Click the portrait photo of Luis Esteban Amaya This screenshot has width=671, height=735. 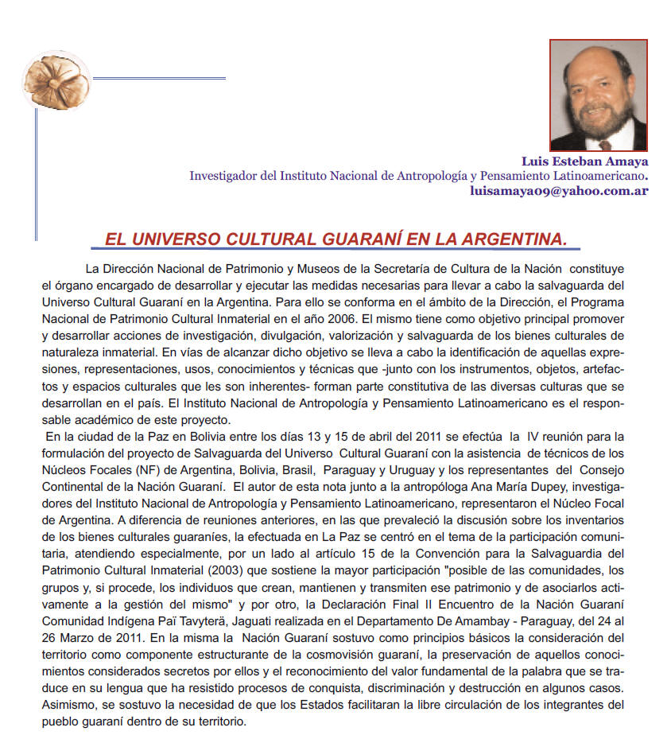pos(598,95)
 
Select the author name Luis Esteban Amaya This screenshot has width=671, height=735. pos(584,161)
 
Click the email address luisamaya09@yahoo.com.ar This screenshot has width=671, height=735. pos(559,191)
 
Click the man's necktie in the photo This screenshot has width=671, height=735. pos(606,144)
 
